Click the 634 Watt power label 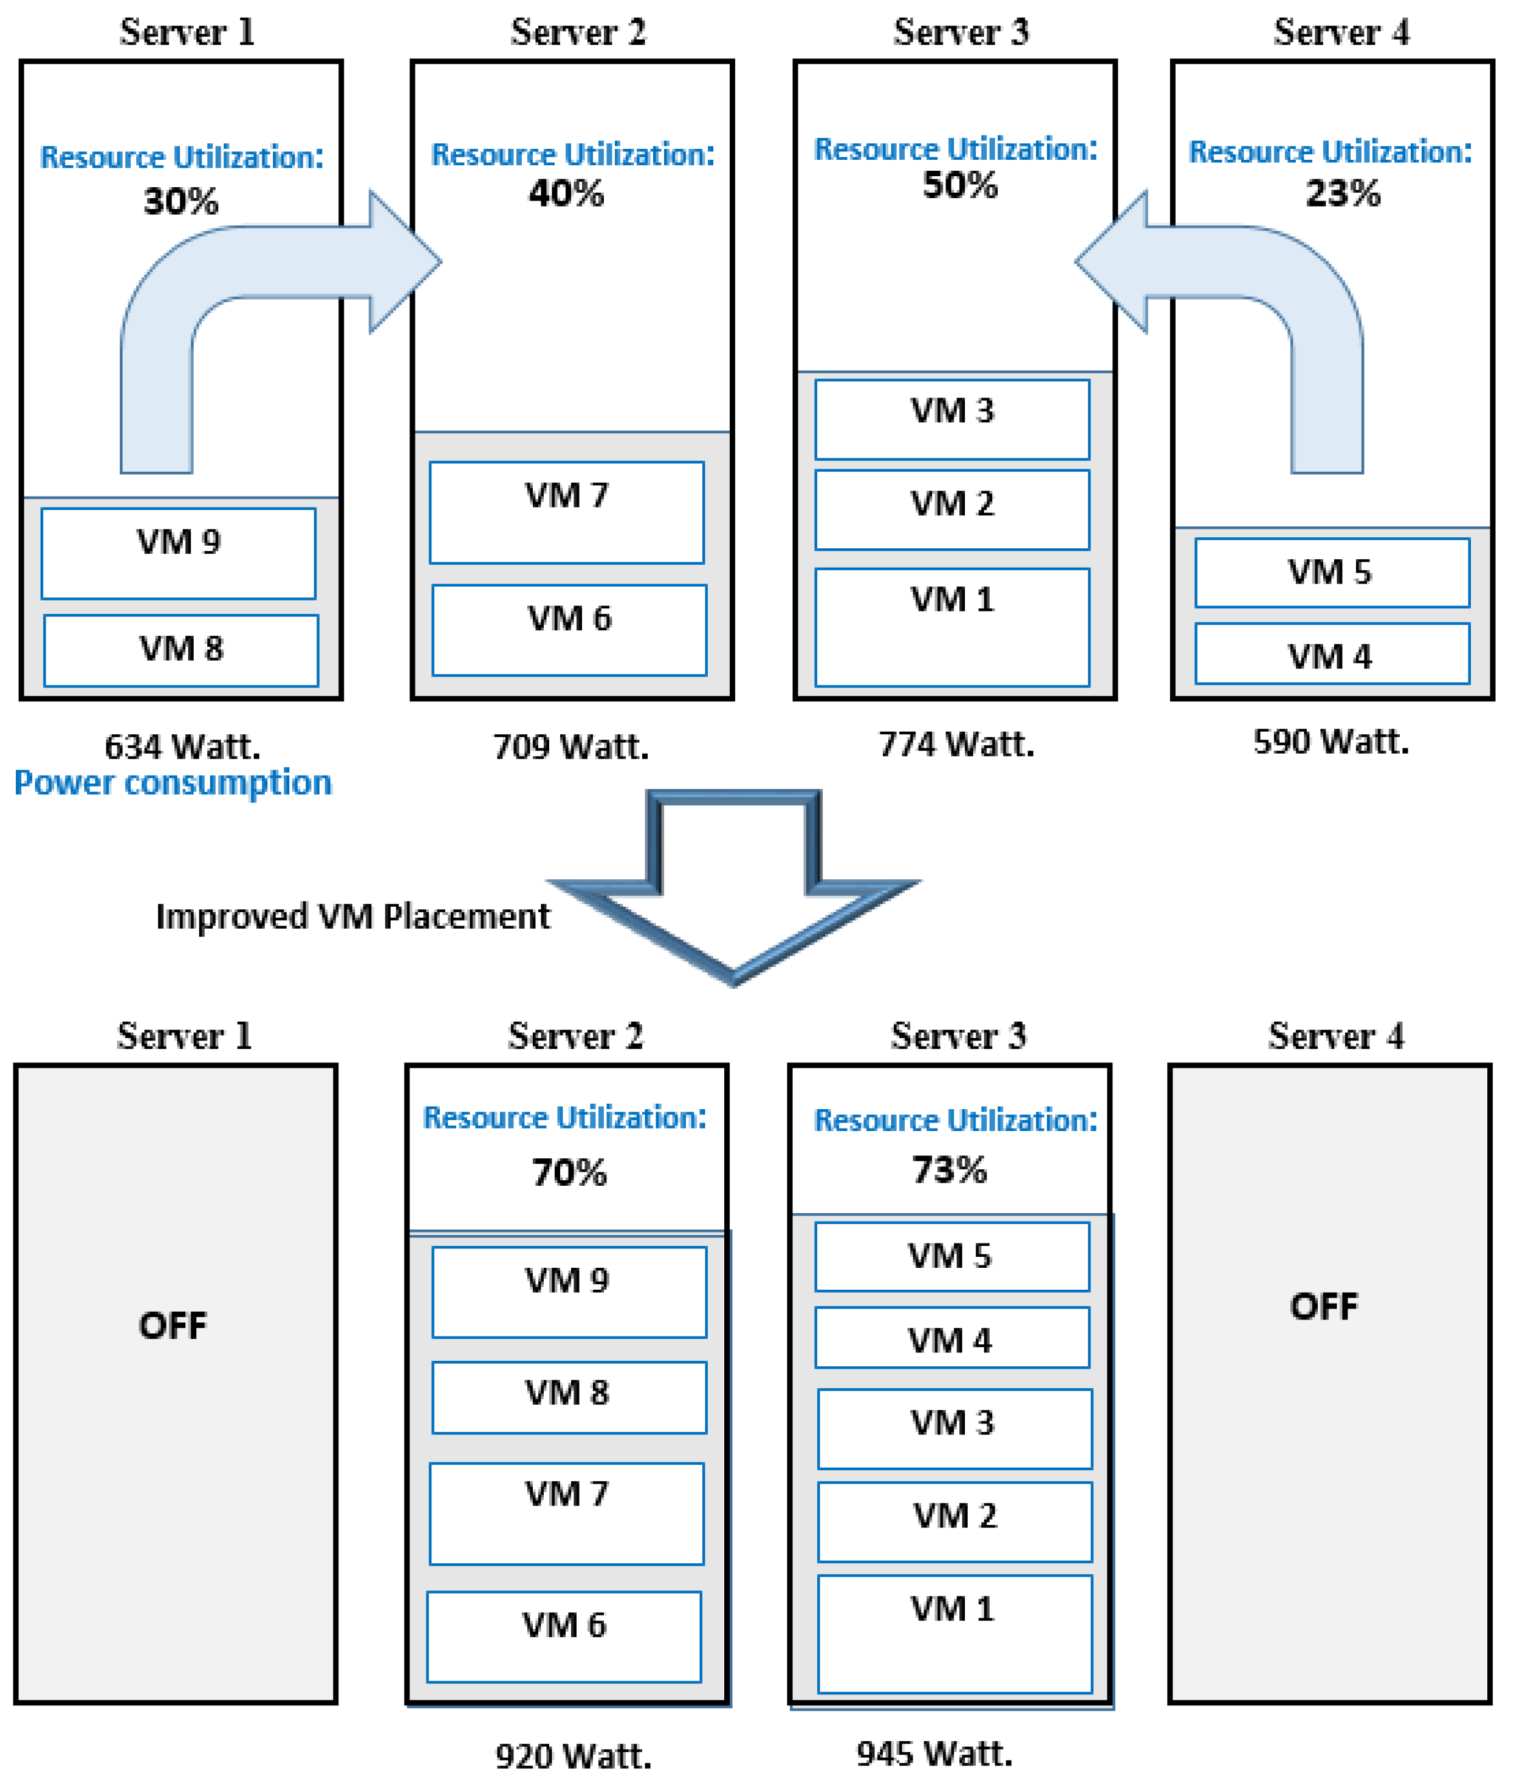tap(182, 746)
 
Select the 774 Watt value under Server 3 tap(956, 743)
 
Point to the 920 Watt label tap(574, 1755)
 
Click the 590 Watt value tap(1331, 741)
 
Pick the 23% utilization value tap(1342, 193)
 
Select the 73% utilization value tap(949, 1169)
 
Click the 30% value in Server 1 tap(181, 201)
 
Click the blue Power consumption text tap(173, 782)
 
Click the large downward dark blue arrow tap(734, 901)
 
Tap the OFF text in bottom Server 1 tap(173, 1325)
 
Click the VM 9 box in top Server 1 tap(179, 553)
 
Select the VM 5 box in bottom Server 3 tap(952, 1256)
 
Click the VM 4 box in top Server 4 tap(1331, 653)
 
